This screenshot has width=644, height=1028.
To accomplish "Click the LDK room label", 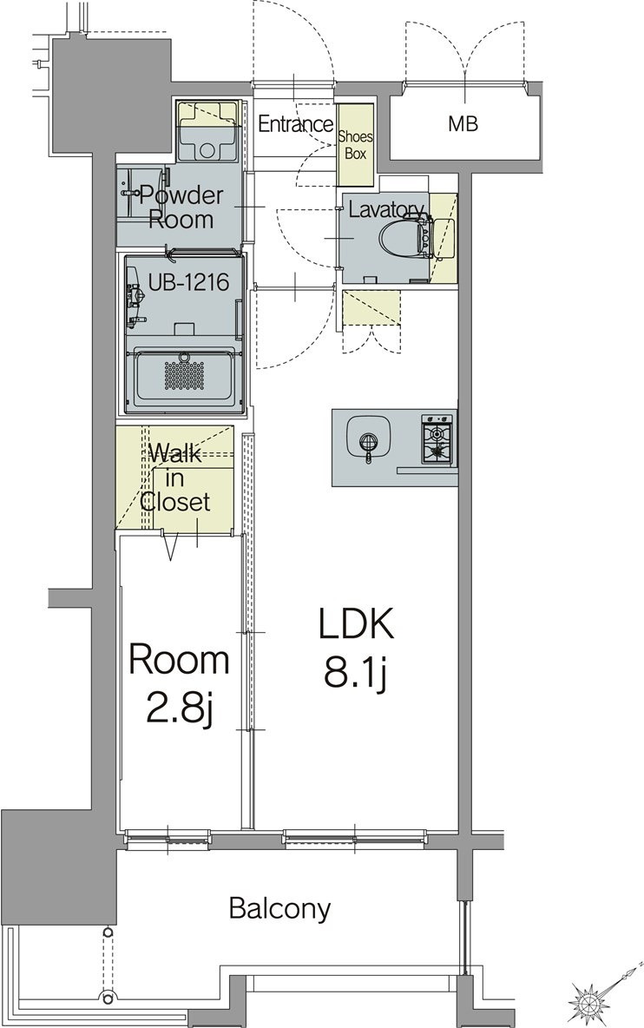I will [356, 624].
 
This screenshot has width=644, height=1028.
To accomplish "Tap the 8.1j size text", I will [355, 672].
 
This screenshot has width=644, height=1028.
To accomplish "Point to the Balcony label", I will [279, 909].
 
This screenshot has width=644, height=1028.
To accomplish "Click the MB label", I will [463, 123].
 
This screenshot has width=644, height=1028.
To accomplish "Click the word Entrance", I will [295, 124].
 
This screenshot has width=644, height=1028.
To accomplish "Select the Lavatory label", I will [385, 209].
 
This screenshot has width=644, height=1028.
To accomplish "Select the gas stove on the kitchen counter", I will [438, 438].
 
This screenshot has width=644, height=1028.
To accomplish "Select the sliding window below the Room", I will [168, 836].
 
